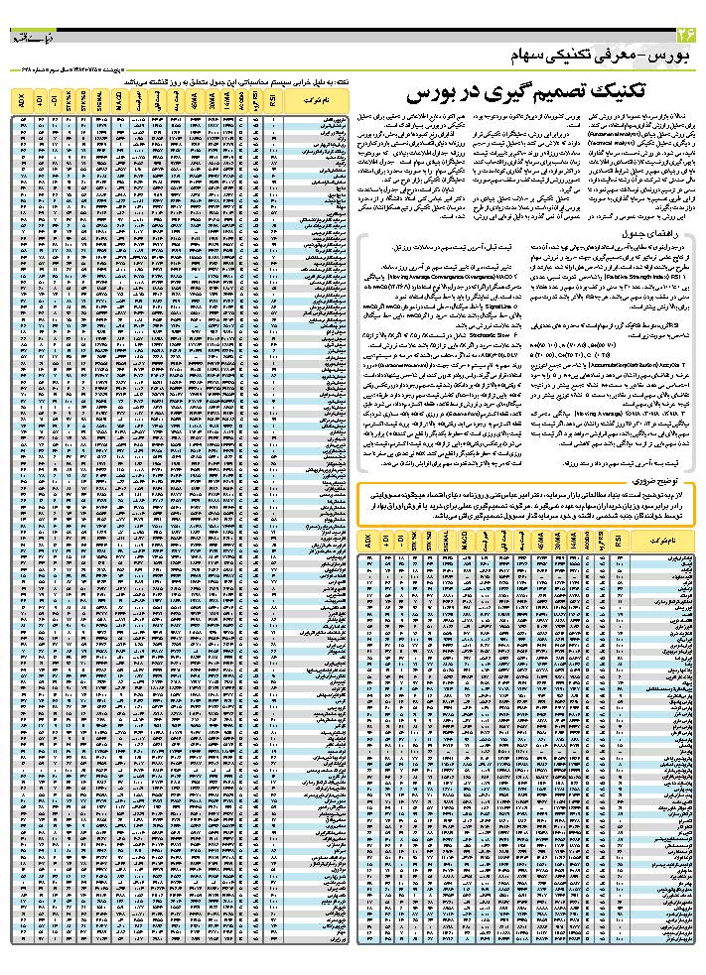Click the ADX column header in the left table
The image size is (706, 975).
click(22, 100)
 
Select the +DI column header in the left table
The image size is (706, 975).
click(40, 100)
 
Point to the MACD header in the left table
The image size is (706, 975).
click(120, 100)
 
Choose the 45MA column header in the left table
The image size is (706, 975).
click(192, 100)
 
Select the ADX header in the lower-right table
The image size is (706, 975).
click(367, 542)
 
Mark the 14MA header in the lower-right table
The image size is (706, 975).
click(569, 542)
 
